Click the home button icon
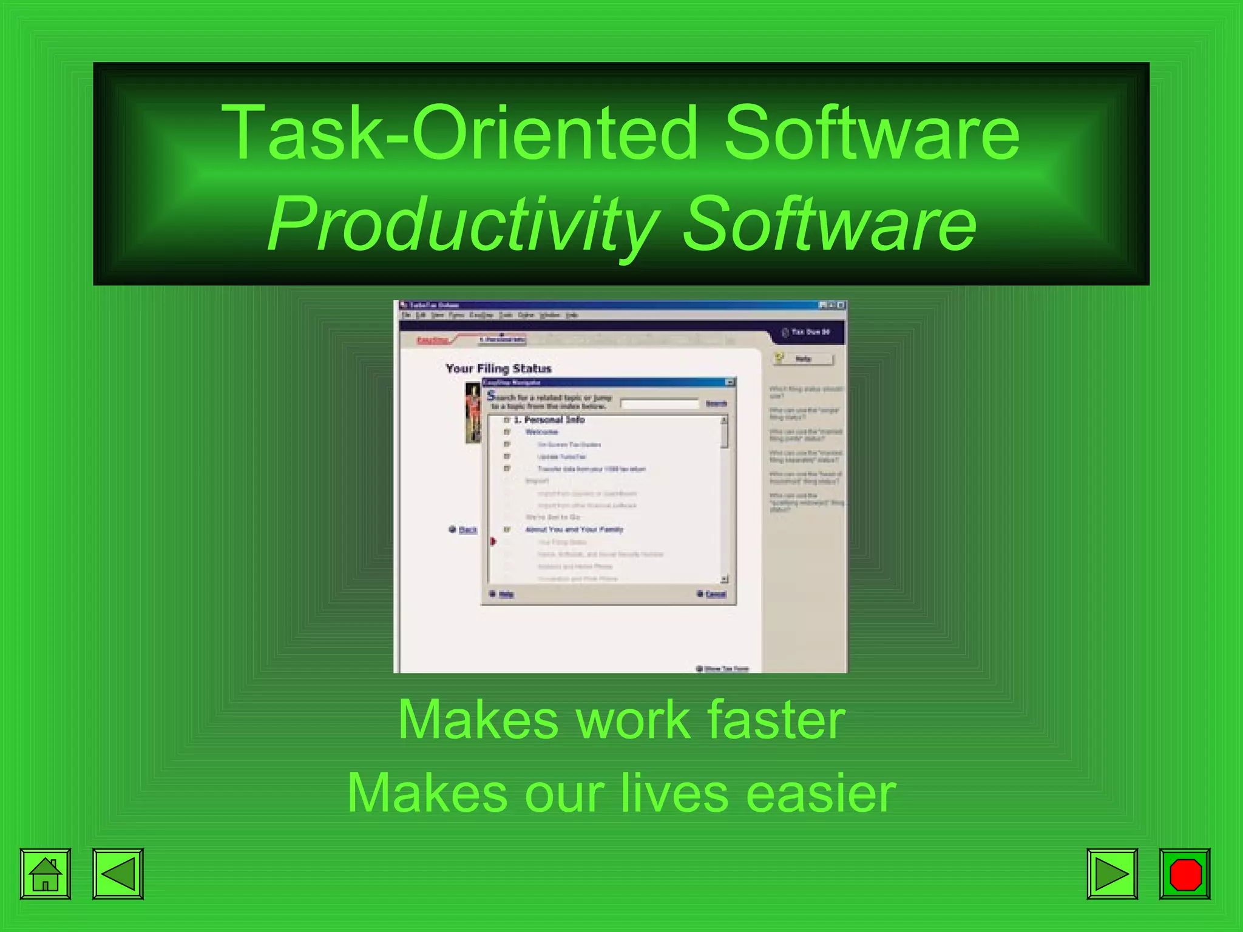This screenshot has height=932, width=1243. [x=46, y=874]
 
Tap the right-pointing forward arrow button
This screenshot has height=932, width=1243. [x=1112, y=874]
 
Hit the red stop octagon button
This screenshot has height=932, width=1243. [x=1185, y=874]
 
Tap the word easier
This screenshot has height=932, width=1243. [x=821, y=793]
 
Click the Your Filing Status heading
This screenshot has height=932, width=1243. [x=498, y=368]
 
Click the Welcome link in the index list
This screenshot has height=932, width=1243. [x=541, y=432]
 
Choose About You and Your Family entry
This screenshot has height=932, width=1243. [x=574, y=530]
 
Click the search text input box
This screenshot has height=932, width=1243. [x=660, y=404]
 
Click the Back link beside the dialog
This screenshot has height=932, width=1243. [x=467, y=530]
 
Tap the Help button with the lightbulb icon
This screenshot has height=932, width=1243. [x=803, y=359]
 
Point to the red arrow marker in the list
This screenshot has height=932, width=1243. [x=493, y=541]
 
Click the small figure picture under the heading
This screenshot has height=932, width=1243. [x=473, y=413]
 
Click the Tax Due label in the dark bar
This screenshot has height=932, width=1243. [x=810, y=332]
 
